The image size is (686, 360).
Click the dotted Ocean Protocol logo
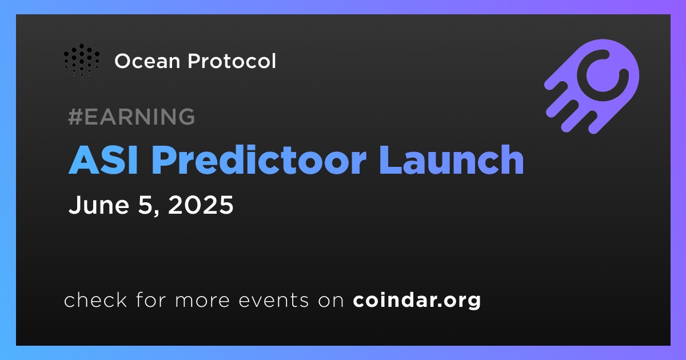click(x=81, y=61)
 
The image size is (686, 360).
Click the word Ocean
click(x=147, y=61)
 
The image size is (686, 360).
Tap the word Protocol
click(x=232, y=61)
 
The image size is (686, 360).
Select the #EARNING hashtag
click(x=131, y=117)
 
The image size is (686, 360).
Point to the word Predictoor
click(x=261, y=160)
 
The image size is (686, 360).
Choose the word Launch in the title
click(x=452, y=160)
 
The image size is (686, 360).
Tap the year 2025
click(x=201, y=205)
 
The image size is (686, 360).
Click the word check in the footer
click(x=95, y=299)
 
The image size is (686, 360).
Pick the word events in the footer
click(x=273, y=300)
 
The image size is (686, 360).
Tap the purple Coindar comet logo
click(x=592, y=86)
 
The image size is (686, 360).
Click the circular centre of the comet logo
click(x=603, y=75)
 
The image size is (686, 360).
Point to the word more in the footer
click(x=202, y=301)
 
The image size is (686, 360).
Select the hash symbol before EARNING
click(x=75, y=117)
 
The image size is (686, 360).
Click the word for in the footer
click(x=151, y=299)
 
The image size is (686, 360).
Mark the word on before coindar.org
click(x=331, y=301)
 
